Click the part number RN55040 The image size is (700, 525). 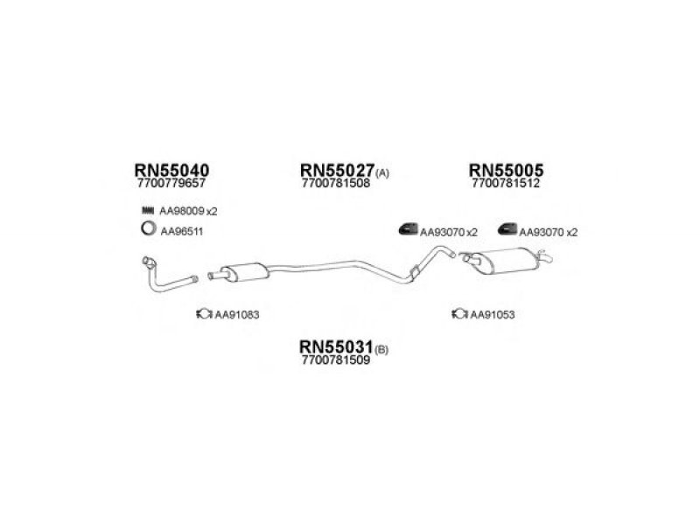click(171, 170)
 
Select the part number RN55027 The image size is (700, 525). click(337, 170)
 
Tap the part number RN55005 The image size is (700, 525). click(506, 170)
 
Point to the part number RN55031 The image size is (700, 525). click(336, 346)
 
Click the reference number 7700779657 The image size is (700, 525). click(171, 183)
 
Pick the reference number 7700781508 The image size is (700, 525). click(336, 183)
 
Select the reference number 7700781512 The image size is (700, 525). click(506, 183)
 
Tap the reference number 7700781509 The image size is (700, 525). click(336, 360)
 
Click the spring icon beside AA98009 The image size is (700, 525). click(148, 210)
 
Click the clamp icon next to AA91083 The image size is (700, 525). click(205, 314)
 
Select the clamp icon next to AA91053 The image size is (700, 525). click(460, 314)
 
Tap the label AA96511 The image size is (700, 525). click(182, 232)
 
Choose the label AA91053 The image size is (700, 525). click(493, 315)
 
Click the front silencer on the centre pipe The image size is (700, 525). click(245, 272)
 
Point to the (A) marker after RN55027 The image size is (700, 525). click(382, 173)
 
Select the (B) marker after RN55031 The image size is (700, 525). click(381, 350)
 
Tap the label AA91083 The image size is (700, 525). click(237, 315)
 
